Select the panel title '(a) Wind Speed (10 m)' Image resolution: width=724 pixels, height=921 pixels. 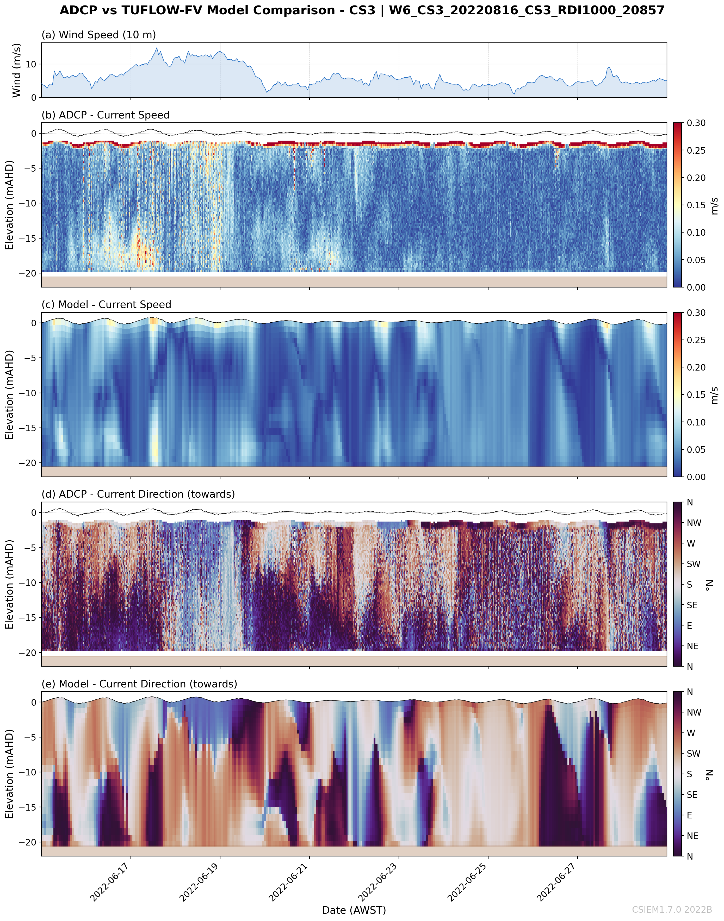98,35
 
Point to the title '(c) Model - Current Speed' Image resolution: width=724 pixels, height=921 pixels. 106,305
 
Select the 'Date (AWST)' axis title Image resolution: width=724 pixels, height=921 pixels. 354,910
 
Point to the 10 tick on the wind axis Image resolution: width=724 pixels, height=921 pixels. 31,64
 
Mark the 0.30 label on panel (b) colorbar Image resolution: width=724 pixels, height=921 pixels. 696,123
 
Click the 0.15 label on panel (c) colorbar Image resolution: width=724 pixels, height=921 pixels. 696,395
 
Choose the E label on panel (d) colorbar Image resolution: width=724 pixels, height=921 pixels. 689,626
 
